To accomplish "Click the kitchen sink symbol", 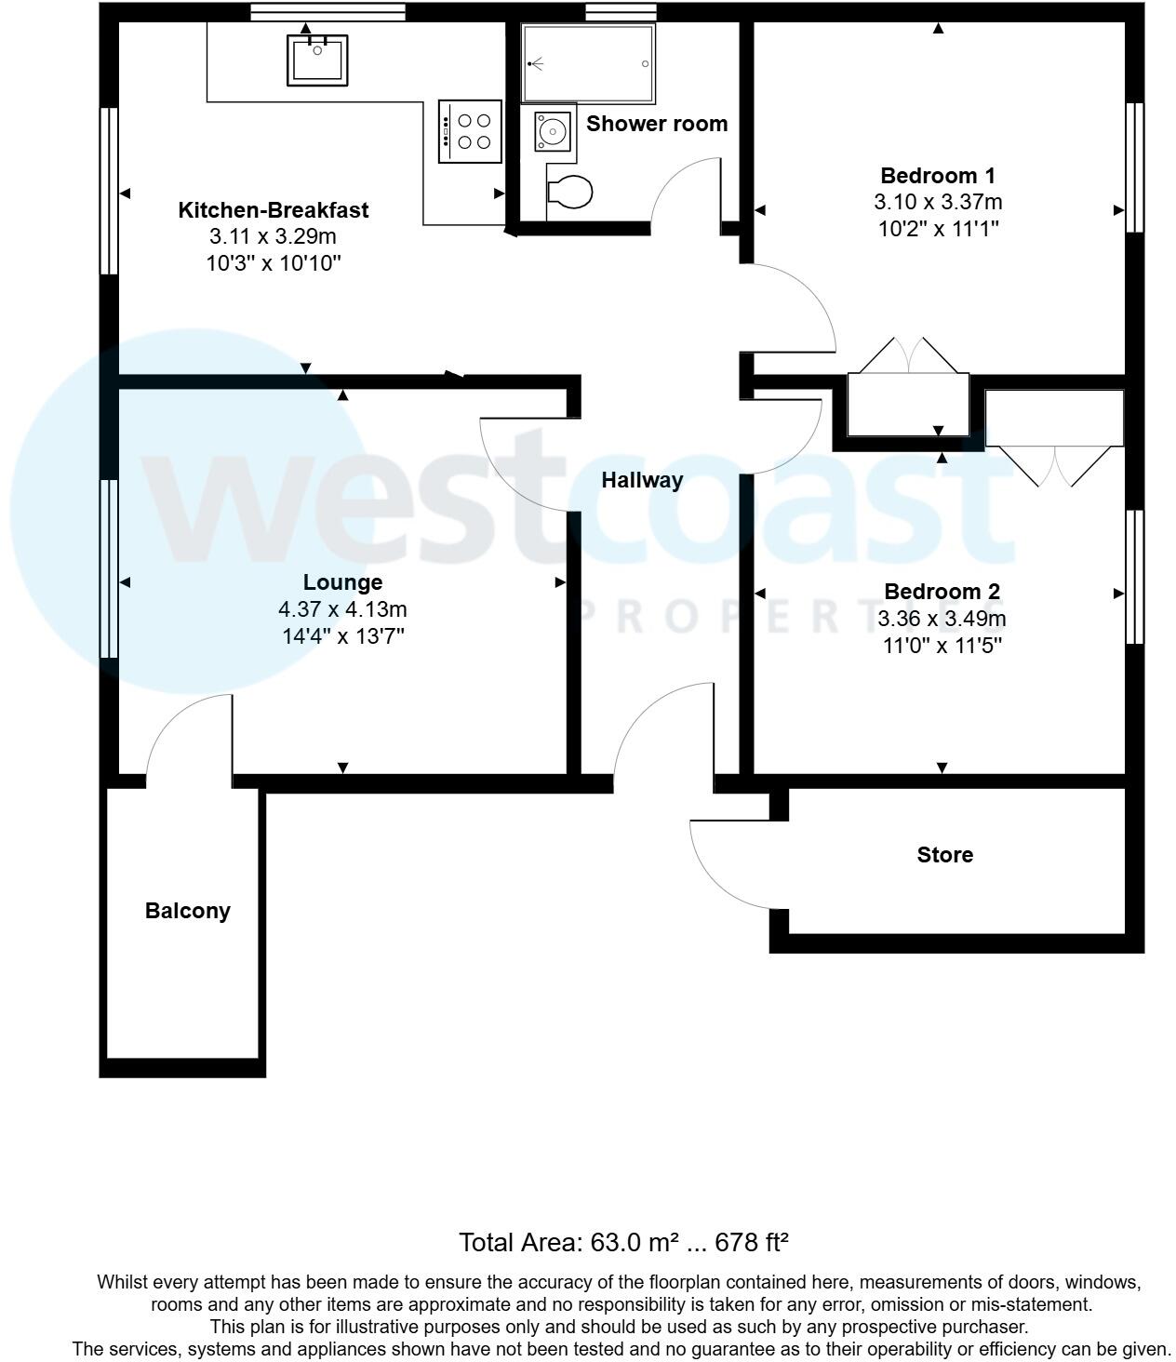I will [316, 60].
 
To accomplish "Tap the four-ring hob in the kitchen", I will [470, 131].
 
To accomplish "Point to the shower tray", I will [588, 63].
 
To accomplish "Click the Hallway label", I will [642, 480].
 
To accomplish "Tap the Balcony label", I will [187, 911].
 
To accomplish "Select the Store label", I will [944, 855].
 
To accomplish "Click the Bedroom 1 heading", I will [938, 175].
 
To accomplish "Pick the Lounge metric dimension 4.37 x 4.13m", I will [342, 609].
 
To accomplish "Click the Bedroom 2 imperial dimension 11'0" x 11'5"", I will [942, 645].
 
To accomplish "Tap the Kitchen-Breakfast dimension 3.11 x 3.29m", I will [274, 236].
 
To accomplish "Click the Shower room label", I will [657, 124].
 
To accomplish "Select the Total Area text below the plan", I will [623, 1242].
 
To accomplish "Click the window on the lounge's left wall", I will [110, 568].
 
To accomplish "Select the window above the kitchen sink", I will [328, 12].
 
